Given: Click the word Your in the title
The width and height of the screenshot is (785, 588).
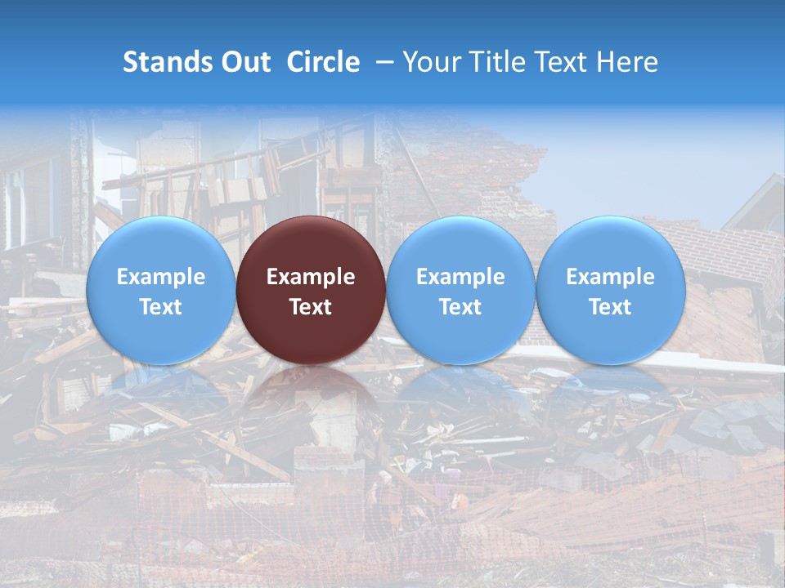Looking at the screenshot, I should [x=430, y=62].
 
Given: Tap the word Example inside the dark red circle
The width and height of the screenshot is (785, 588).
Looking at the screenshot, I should [x=311, y=277].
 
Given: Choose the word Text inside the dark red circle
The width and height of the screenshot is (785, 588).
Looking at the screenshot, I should [x=311, y=307].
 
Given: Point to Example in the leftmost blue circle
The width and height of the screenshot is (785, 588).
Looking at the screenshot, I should [x=160, y=277].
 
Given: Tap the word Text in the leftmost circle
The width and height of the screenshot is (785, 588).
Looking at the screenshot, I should [x=160, y=307].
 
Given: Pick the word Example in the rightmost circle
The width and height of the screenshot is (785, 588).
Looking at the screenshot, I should [x=610, y=277].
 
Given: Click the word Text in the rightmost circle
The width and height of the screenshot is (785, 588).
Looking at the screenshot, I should [x=610, y=307].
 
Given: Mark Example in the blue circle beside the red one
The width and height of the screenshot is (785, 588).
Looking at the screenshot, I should [x=460, y=277].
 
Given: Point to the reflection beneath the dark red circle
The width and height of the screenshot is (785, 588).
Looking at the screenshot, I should [x=311, y=392].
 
